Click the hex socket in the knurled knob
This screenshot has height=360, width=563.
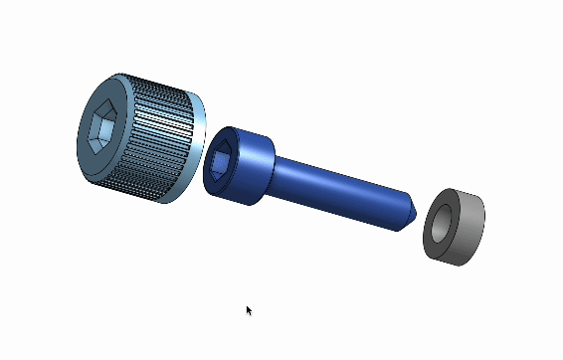(x=101, y=129)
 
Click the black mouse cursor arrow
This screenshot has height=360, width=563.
(x=249, y=310)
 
